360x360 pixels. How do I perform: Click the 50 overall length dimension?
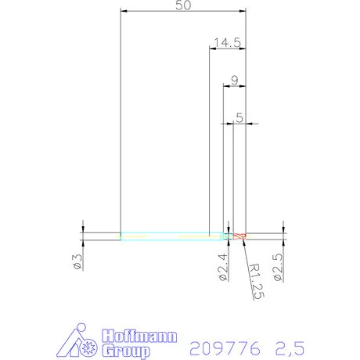tap(183, 5)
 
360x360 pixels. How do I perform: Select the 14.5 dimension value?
tap(226, 44)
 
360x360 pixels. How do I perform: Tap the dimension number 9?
tap(234, 80)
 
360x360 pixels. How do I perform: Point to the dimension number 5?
tap(239, 117)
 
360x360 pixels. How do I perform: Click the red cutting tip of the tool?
tap(239, 235)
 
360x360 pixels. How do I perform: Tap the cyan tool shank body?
tap(164, 235)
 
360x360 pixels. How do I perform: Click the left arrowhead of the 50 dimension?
tap(123, 10)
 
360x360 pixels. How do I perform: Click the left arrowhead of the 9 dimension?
tap(226, 85)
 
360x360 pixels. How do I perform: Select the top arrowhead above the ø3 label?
tap(82, 229)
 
